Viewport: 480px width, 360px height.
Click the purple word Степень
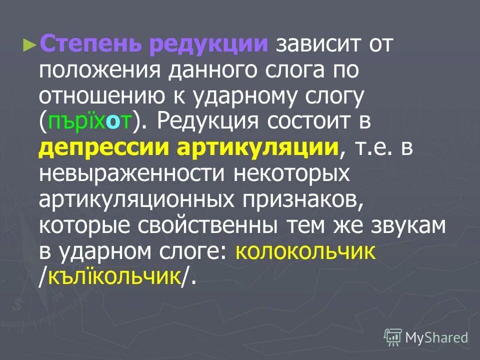click(x=91, y=44)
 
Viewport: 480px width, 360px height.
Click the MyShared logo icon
click(x=393, y=337)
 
